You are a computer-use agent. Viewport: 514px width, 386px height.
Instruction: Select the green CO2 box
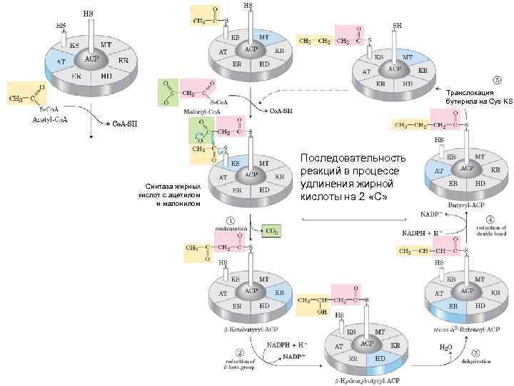271,230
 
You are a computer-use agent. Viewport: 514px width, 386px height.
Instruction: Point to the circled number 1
231,220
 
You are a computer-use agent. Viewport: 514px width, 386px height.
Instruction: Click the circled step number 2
240,352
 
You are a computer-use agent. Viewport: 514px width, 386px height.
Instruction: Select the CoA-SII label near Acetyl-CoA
125,124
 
